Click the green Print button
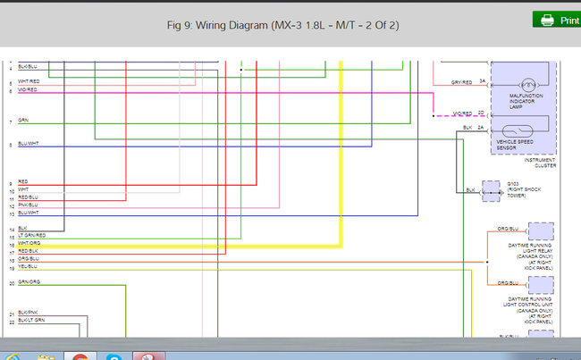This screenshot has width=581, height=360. [557, 20]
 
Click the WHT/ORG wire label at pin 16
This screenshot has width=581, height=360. [29, 243]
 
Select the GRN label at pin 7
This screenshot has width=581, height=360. [23, 121]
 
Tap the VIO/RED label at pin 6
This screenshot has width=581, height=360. [27, 90]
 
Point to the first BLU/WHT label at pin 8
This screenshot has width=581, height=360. [29, 144]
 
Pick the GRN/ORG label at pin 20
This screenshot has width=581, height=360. [29, 282]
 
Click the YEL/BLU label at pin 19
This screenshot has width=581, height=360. [28, 266]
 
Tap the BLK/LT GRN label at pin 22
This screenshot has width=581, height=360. [31, 320]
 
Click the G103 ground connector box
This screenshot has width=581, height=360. [491, 190]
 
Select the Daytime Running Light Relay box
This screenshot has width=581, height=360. [540, 232]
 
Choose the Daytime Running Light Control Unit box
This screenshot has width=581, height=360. [540, 285]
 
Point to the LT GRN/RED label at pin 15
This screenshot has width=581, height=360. [31, 235]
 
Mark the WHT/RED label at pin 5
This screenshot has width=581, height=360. [28, 82]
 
